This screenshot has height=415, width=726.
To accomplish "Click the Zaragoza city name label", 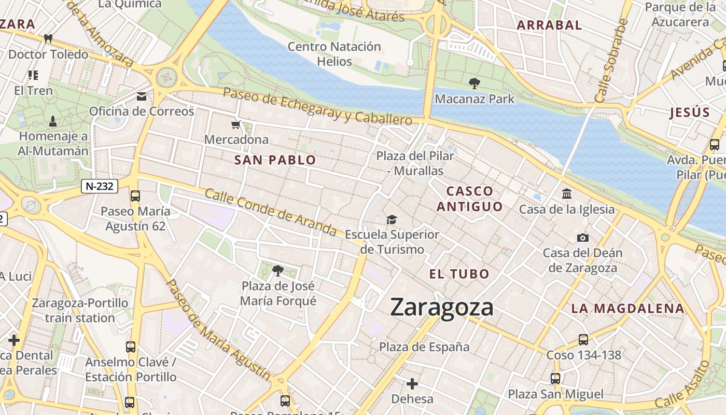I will point(442,307).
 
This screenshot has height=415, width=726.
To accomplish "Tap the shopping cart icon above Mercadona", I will point(236,125).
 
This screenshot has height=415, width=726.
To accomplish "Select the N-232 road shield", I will point(100,186).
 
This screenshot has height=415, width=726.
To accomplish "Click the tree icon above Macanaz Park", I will point(474,83).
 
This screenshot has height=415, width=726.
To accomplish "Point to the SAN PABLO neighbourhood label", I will point(275,160).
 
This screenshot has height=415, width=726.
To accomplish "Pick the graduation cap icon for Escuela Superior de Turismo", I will point(392,220).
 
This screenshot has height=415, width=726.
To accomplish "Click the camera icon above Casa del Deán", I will point(583,238).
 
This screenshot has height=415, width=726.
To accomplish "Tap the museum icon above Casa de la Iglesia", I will point(567,194).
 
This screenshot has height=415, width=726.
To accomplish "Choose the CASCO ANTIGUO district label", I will point(469,199).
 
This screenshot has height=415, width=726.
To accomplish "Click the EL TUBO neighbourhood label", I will point(459,274).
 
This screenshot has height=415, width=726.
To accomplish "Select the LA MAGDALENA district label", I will point(627,309).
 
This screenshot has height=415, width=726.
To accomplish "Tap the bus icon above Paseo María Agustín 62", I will point(135,196).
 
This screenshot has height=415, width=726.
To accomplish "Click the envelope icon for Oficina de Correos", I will point(141,96).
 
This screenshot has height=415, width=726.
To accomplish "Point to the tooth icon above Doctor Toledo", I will point(48,38).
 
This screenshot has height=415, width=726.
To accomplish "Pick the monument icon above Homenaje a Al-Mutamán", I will point(52,121).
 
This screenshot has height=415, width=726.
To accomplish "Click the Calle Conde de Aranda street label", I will point(270,211).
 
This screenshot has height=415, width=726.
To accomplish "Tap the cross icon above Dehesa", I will point(412,384).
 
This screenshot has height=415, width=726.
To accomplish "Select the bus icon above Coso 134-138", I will point(583,340).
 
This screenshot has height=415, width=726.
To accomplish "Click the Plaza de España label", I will point(424,347).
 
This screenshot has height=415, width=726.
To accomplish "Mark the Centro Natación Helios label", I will point(334,54).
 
